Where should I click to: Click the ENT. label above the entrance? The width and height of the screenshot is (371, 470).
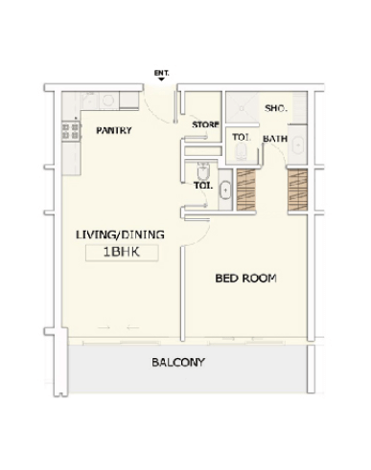(x=161, y=73)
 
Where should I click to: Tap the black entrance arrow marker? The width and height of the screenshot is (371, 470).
(x=161, y=78)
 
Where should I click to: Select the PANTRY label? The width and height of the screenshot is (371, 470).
(x=114, y=130)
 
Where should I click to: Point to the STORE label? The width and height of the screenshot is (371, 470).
(x=205, y=124)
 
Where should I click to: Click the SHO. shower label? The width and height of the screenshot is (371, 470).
(x=276, y=108)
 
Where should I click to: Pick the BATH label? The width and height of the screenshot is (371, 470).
(x=275, y=139)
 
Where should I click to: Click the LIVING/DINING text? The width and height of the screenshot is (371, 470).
(x=120, y=235)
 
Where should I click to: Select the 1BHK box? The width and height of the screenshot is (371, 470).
(x=122, y=253)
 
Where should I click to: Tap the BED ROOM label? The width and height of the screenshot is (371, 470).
(x=245, y=279)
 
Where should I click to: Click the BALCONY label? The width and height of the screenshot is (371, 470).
(x=178, y=362)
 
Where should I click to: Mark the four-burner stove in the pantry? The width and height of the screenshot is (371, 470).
(x=71, y=131)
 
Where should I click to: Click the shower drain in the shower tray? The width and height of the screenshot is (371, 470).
(x=242, y=108)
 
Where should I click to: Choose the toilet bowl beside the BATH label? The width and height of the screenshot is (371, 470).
(x=241, y=151)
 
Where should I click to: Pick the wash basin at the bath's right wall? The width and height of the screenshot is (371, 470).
(x=297, y=145)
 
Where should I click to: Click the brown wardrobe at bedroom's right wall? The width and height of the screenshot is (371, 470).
(x=297, y=190)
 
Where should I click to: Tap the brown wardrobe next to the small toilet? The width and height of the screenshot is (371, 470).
(x=246, y=190)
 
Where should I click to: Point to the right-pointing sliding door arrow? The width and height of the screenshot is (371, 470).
(x=104, y=327)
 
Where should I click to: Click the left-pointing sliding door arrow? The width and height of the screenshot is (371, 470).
(x=133, y=327)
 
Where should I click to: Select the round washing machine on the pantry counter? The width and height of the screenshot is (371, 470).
(x=108, y=101)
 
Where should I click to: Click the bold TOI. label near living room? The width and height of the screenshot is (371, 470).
(x=203, y=186)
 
